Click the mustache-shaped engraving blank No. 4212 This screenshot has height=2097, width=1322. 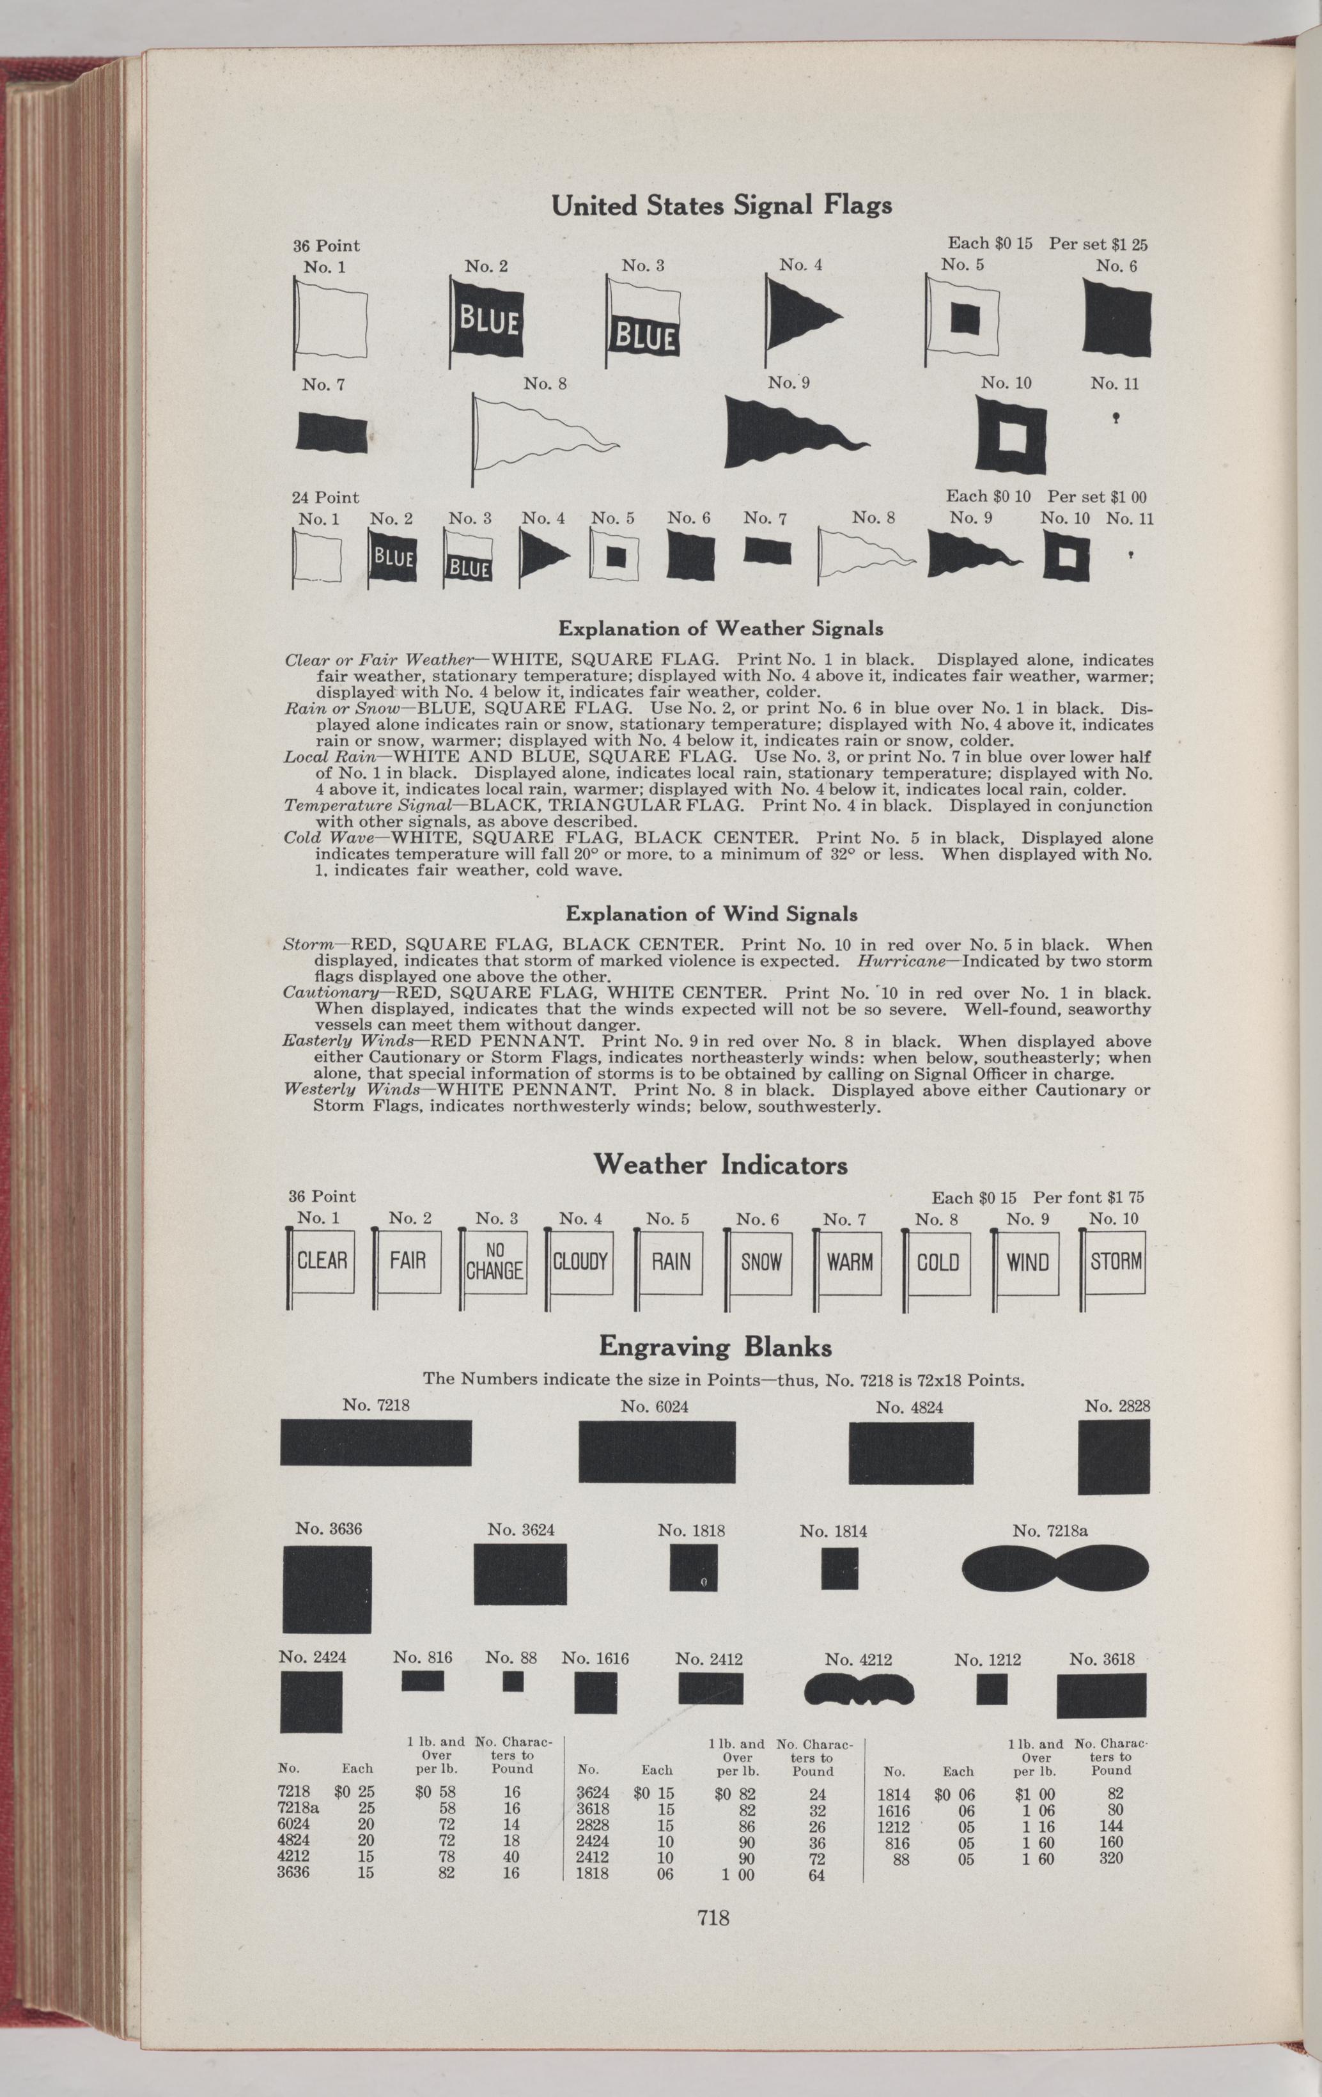click(859, 1690)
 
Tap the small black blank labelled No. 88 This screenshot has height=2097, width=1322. click(512, 1681)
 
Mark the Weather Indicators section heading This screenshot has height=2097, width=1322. click(720, 1165)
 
